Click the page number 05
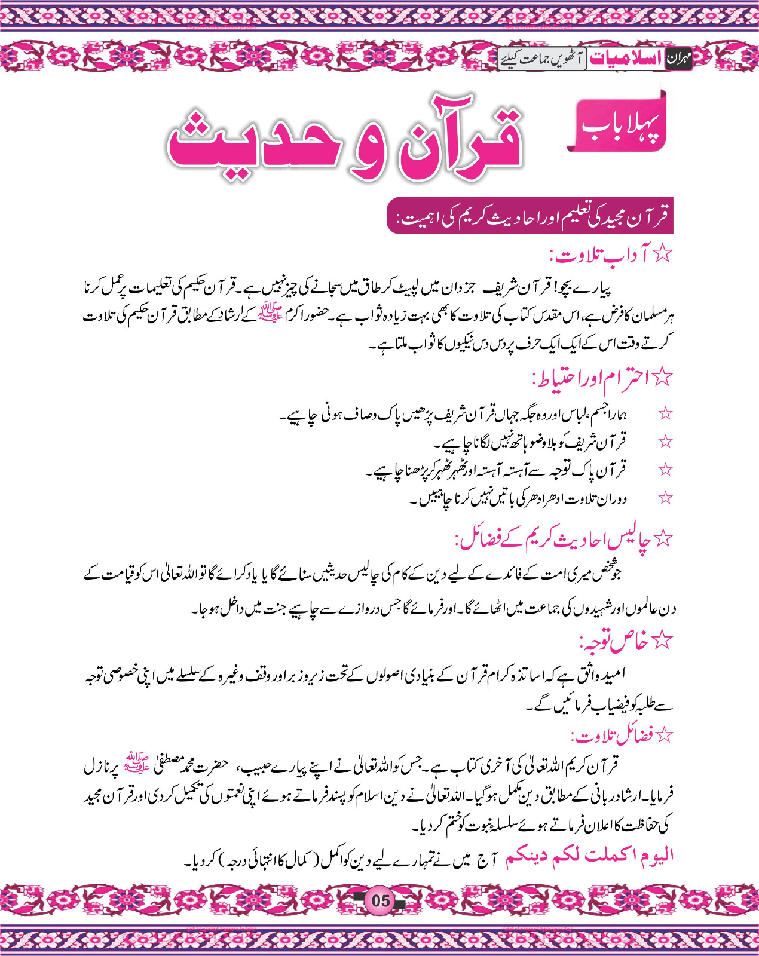380,900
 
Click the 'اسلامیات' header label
626,59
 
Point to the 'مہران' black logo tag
678,59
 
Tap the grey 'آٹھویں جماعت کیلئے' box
542,59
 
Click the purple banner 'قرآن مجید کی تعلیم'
531,216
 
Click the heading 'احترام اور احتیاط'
592,378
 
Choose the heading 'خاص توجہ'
613,642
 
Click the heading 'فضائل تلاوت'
610,736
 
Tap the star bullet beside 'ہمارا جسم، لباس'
665,413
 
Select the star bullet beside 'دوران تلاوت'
665,498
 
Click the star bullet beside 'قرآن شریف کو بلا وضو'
665,442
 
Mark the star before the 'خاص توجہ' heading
662,641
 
